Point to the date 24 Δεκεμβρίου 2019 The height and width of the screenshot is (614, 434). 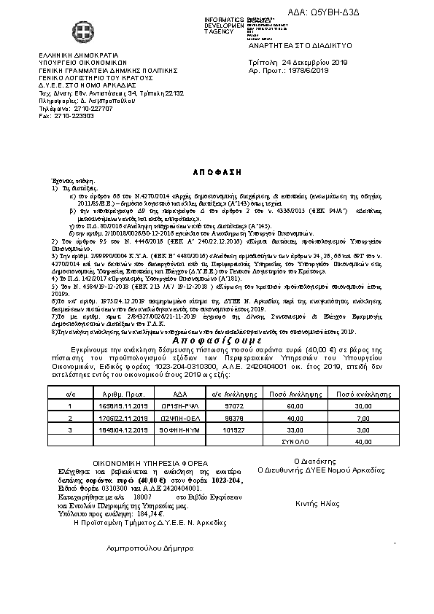[x=314, y=63]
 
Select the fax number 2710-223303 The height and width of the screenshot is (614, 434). [x=72, y=115]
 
